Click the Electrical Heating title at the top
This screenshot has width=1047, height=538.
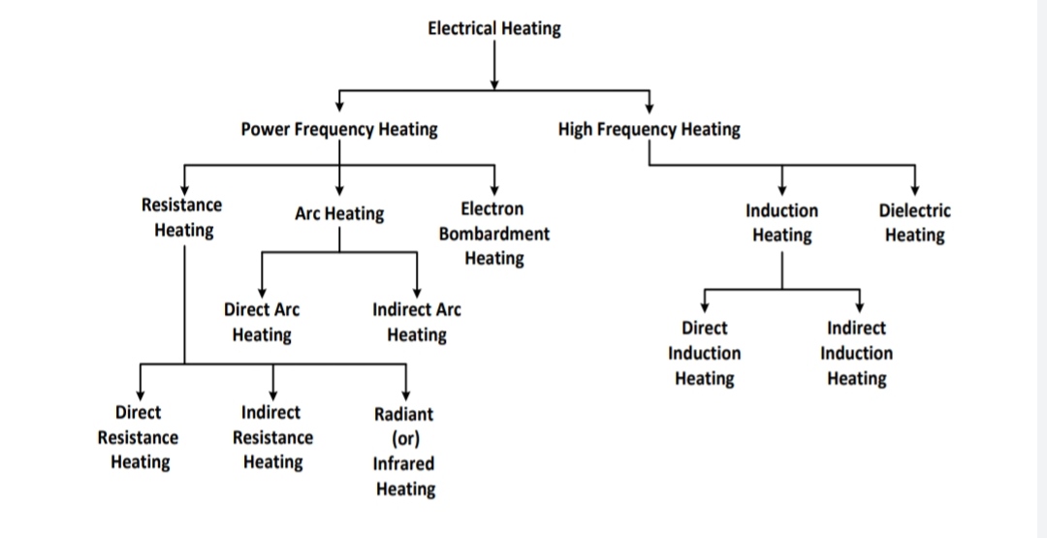(494, 28)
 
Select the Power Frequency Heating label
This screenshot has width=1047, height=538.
(339, 129)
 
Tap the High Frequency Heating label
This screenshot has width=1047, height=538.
(649, 129)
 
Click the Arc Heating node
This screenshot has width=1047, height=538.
(339, 213)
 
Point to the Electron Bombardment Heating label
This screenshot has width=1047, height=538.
(494, 234)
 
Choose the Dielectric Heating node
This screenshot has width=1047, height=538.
(914, 222)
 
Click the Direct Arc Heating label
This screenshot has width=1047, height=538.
(262, 322)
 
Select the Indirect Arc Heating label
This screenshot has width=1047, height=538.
(417, 322)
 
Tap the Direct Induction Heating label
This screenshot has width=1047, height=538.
(704, 353)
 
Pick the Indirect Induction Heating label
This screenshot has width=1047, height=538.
(856, 353)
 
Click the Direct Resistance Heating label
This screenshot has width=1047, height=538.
(139, 437)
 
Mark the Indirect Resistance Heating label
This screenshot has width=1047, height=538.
(272, 437)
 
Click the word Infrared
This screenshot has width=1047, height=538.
(404, 463)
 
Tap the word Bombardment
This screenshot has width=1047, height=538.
(494, 234)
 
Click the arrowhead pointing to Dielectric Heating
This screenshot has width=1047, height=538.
(914, 189)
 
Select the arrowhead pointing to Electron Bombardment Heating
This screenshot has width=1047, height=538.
(494, 189)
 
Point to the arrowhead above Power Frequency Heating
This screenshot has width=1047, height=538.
(339, 107)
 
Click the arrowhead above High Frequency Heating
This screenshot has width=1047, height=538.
(649, 107)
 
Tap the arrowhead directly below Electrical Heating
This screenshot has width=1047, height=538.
(494, 83)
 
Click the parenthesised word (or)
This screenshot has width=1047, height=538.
(404, 438)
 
